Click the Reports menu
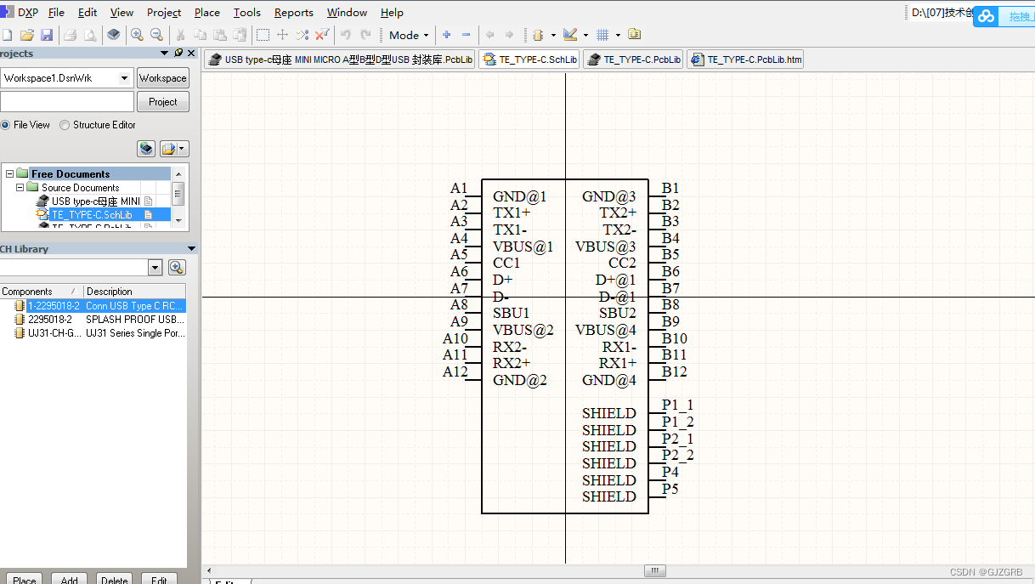293,13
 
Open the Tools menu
246,13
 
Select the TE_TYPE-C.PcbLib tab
634,60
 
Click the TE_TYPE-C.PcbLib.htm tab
745,60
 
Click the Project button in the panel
162,102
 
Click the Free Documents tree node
70,173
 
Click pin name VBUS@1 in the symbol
523,247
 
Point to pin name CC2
622,263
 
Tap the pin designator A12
455,371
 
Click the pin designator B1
670,188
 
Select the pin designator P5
670,489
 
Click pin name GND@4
608,380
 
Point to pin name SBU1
511,313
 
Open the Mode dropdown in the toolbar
408,35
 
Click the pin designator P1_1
677,405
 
